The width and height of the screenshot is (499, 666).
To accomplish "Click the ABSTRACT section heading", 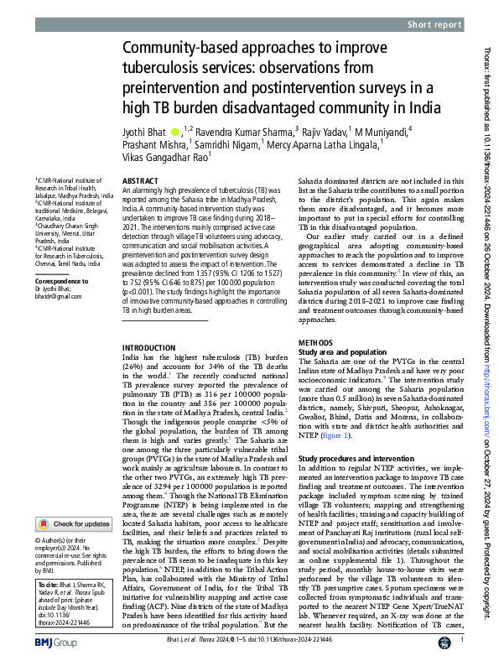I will [x=140, y=180].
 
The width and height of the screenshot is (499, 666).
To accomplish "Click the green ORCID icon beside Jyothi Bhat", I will [x=174, y=133].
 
